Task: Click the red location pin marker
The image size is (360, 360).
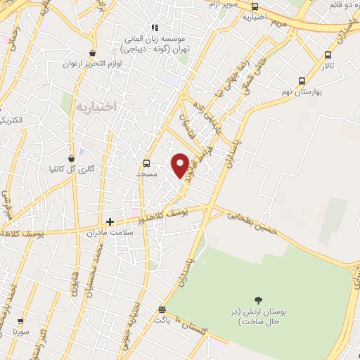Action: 180,165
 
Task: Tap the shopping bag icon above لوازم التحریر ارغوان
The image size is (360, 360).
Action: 92,53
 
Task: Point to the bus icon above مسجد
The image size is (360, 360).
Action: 146,162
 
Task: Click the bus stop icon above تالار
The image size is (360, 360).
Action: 328,55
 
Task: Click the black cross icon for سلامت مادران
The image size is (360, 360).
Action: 110,221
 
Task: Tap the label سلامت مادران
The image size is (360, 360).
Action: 110,232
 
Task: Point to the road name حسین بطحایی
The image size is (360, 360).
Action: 252,222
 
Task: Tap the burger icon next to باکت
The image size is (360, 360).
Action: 162,309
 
